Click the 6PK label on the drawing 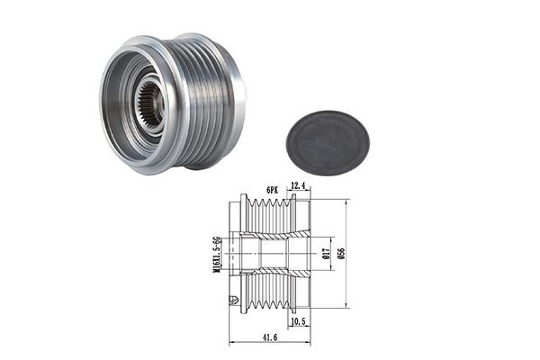tap(272, 190)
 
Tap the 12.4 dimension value tap(298, 185)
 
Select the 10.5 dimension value tap(298, 321)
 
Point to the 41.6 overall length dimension tap(270, 337)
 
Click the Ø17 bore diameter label tap(327, 254)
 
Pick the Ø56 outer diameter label tap(341, 253)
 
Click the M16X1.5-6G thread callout tap(216, 254)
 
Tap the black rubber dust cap tap(328, 142)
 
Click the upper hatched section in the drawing tap(275, 235)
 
